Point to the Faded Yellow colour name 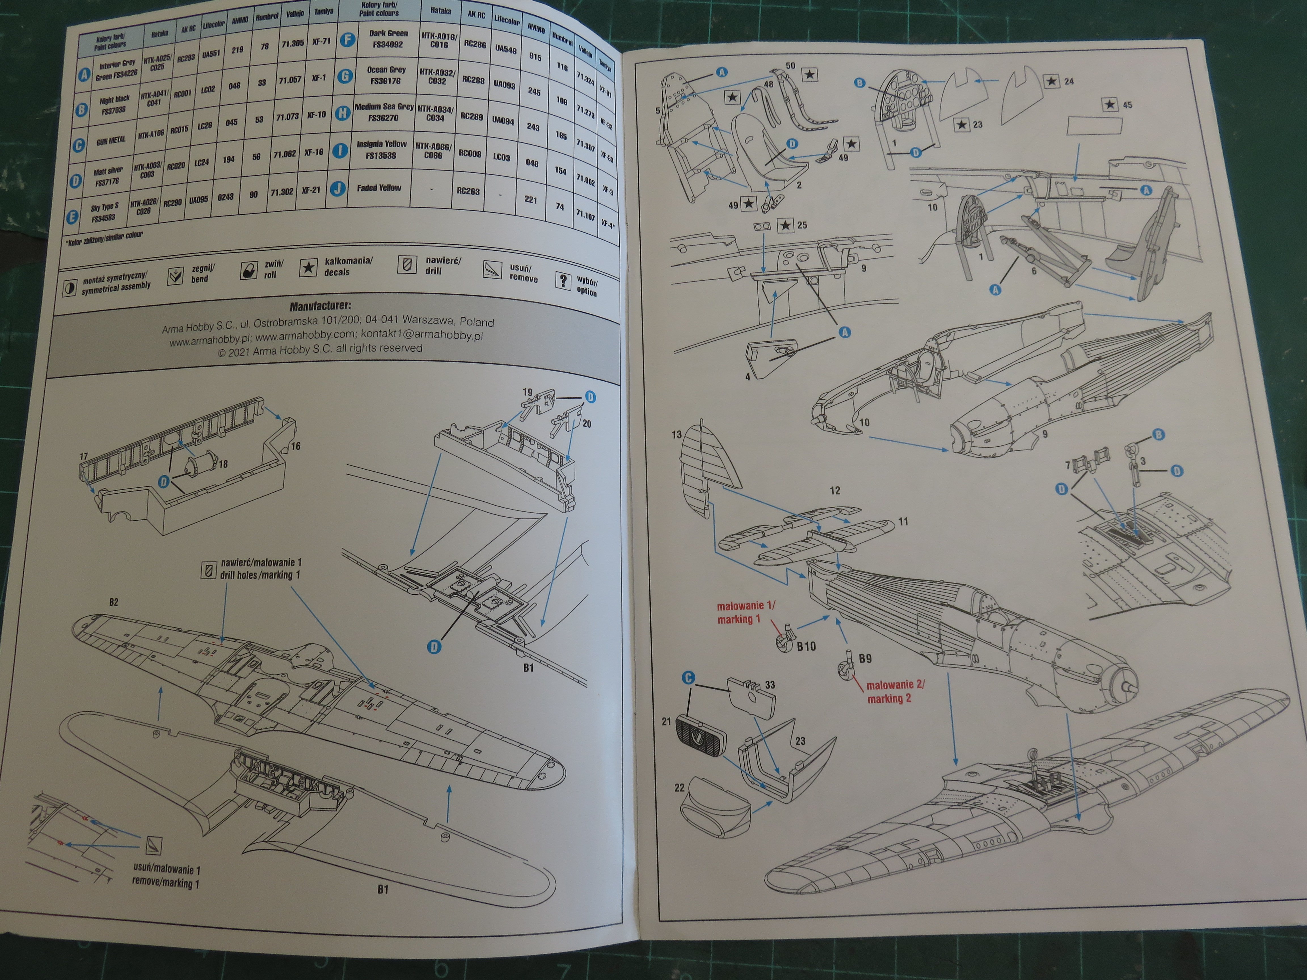[379, 188]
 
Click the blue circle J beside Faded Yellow [338, 189]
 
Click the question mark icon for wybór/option [562, 281]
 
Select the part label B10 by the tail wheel [806, 646]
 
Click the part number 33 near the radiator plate [770, 685]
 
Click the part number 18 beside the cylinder [223, 464]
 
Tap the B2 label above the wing [113, 603]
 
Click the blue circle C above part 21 [688, 678]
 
